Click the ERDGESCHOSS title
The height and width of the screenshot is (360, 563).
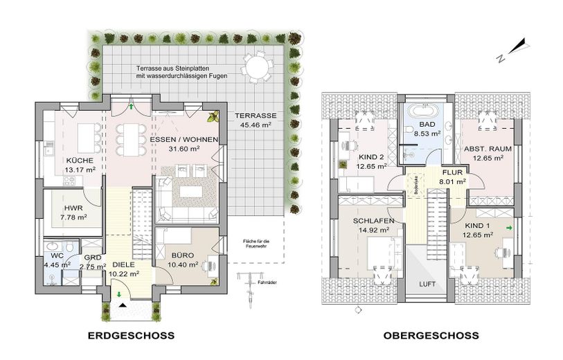(x=131, y=336)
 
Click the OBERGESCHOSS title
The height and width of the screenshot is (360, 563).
(x=431, y=336)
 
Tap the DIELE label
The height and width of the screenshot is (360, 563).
(x=124, y=264)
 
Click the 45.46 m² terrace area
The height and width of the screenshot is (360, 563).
(x=255, y=125)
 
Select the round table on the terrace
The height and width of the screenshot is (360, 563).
(x=256, y=68)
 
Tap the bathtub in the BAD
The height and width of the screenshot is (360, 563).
(x=422, y=110)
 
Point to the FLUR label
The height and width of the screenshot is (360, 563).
(x=453, y=174)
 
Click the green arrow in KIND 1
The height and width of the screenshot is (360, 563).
(x=510, y=227)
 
